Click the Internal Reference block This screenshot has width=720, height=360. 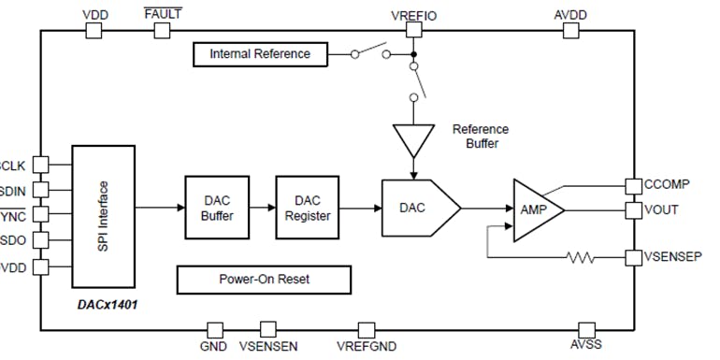tap(260, 54)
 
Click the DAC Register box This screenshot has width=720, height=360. tap(307, 208)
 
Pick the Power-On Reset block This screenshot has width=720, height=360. tap(264, 280)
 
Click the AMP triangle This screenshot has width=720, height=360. tap(536, 209)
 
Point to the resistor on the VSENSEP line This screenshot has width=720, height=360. tap(580, 256)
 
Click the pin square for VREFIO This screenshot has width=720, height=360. tap(412, 30)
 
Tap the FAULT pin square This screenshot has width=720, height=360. tap(163, 30)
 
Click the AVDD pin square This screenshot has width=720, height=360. tap(570, 30)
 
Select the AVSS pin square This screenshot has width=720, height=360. tap(586, 330)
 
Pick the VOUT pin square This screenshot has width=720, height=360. tap(633, 209)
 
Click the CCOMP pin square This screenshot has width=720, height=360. tap(633, 185)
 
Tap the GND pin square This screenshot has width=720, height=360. tap(214, 330)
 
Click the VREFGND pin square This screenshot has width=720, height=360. tap(367, 330)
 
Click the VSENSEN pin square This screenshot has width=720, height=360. tap(268, 330)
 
